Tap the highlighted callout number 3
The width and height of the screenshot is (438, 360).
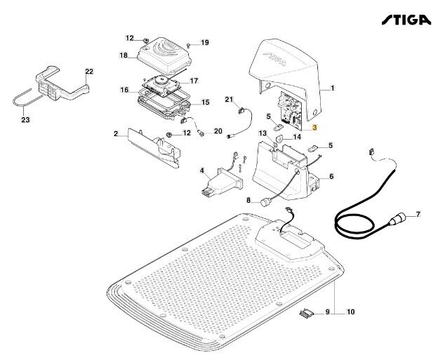pos(315,128)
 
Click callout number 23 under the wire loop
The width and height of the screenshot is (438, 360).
pos(26,120)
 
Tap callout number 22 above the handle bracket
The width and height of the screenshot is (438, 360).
pos(89,72)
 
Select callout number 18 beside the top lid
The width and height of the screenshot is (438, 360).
pos(123,55)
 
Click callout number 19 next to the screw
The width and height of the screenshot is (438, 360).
pos(205,43)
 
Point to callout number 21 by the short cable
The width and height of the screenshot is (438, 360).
pos(228,100)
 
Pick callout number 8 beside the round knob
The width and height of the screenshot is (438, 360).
pos(248,200)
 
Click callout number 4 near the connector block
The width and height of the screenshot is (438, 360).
pos(202,171)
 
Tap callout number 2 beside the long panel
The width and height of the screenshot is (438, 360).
pos(115,133)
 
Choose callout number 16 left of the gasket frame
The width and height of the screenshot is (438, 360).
pos(124,90)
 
